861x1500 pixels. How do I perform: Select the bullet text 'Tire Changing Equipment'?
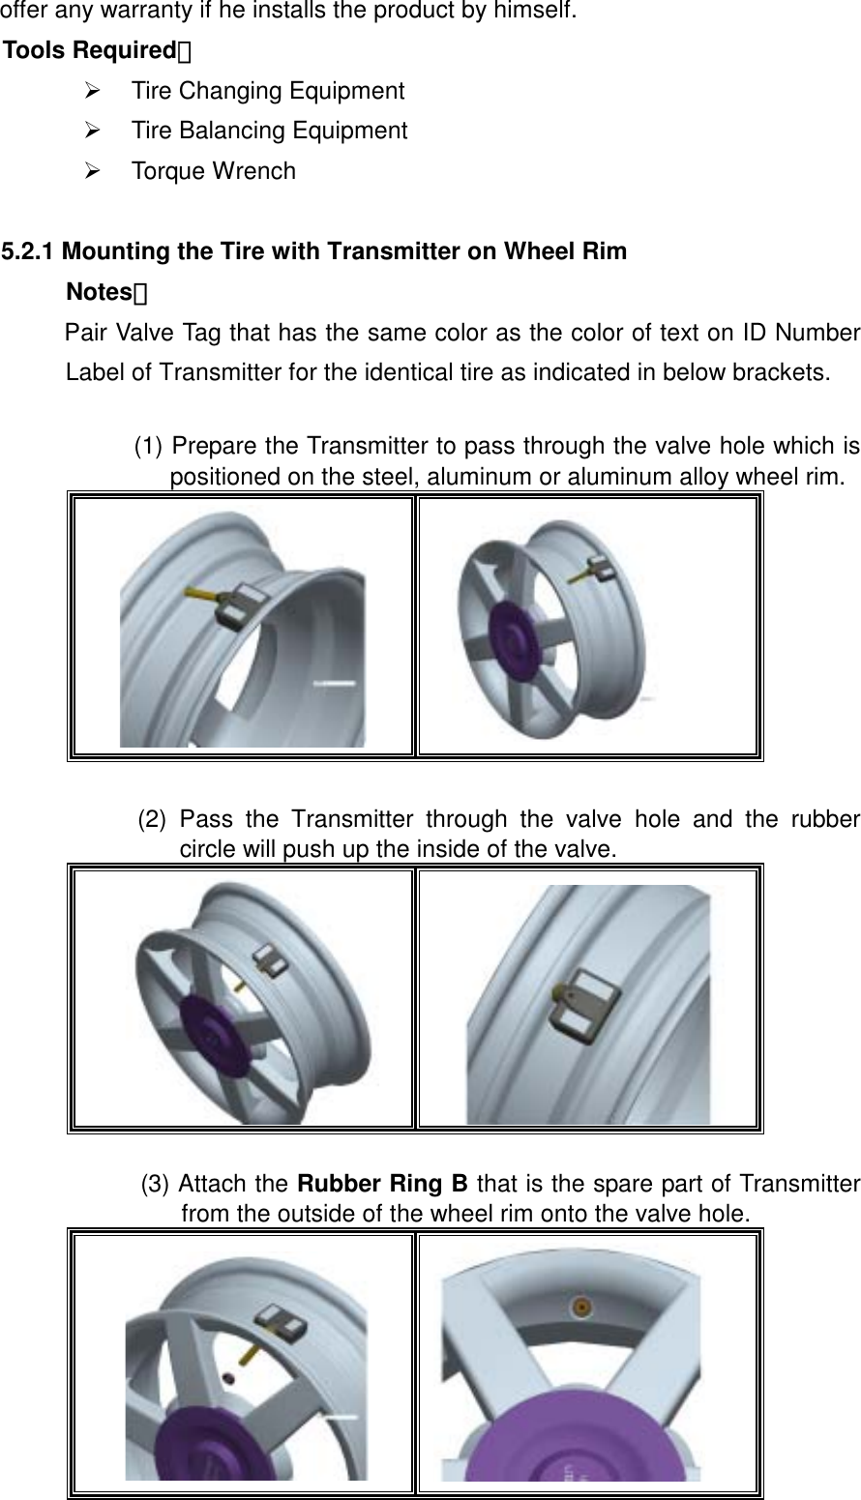267,91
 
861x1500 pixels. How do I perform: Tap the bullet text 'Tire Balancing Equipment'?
269,131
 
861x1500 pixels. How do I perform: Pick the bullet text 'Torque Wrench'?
213,171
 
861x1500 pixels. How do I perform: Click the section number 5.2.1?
29,252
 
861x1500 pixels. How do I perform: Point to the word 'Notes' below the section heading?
99,292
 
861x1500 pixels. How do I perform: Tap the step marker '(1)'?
150,446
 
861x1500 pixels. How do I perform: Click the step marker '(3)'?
158,1184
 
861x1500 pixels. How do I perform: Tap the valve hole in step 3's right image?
581,1307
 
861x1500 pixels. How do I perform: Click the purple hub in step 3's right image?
571,1431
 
